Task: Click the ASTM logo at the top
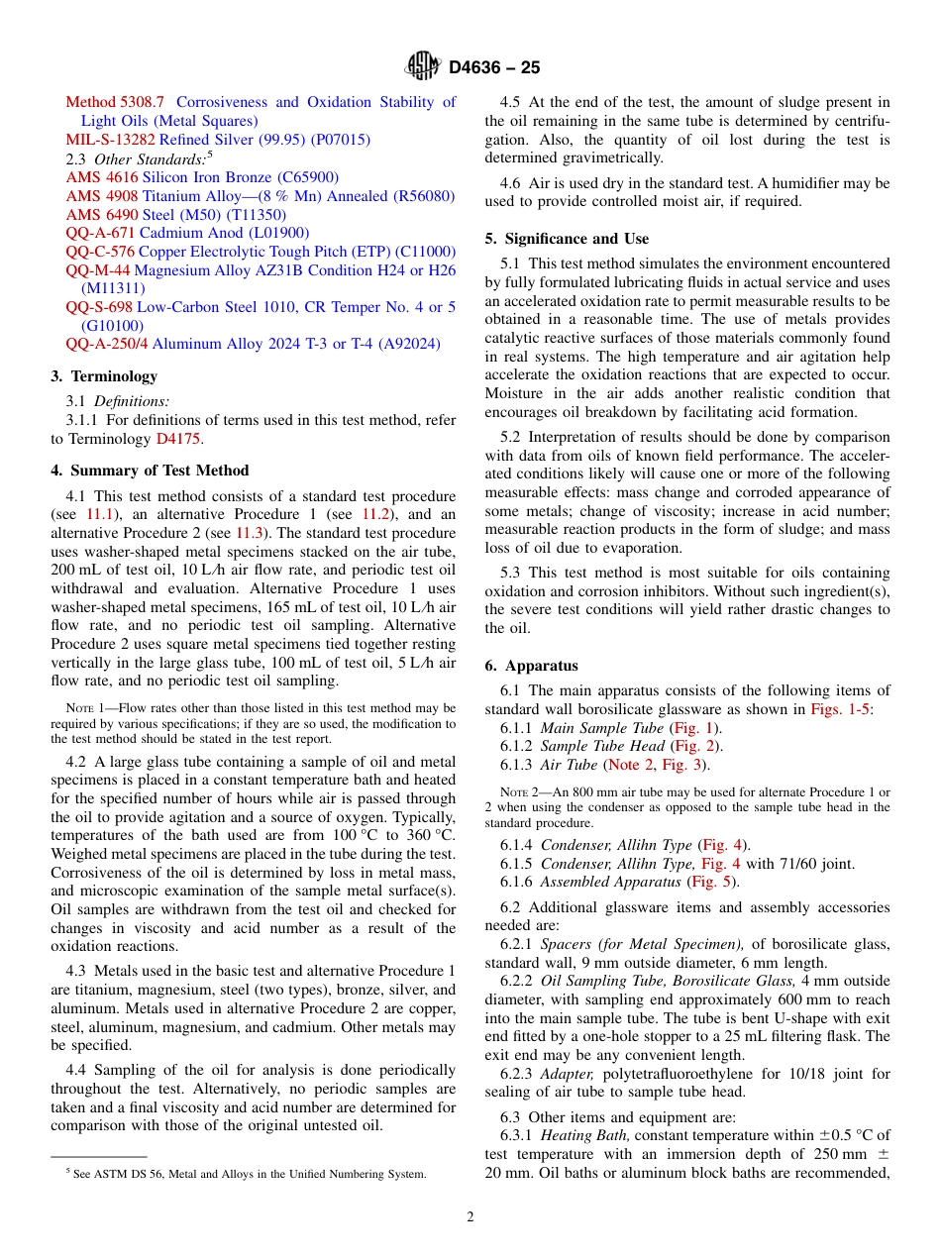click(x=422, y=66)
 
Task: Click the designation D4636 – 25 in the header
click(x=494, y=67)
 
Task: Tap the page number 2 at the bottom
click(x=470, y=1217)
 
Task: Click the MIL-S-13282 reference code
click(x=110, y=140)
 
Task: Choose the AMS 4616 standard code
click(x=102, y=177)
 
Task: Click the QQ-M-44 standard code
click(x=98, y=270)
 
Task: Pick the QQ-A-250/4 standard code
click(x=106, y=344)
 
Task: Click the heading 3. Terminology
click(x=104, y=376)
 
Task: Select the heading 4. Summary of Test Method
click(x=150, y=471)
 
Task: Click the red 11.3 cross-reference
click(x=250, y=533)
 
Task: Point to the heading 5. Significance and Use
click(x=567, y=239)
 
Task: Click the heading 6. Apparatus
click(x=531, y=666)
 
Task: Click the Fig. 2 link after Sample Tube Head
click(x=695, y=746)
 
